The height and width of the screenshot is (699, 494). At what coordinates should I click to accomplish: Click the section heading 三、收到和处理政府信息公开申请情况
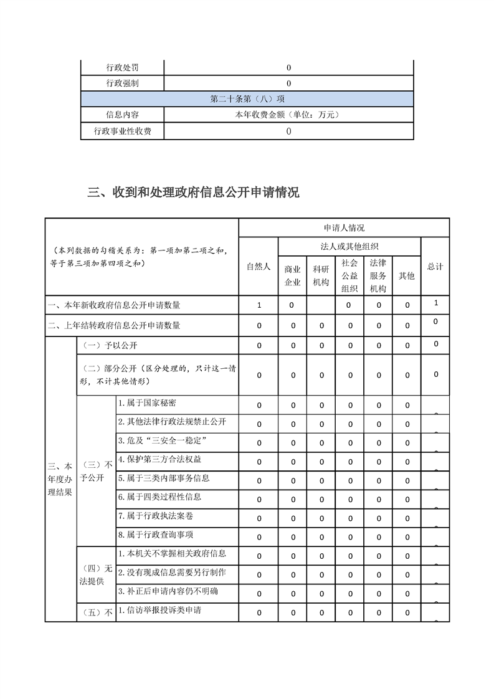pos(193,193)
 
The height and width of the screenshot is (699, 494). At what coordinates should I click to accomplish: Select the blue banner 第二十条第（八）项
pos(247,99)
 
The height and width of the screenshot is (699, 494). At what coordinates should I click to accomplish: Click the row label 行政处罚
pos(122,67)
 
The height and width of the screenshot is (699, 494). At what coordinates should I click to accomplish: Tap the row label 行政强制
pos(122,83)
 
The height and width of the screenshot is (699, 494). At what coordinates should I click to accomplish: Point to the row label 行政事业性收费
pos(122,131)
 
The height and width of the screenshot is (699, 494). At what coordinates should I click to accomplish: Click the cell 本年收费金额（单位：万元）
pos(288,115)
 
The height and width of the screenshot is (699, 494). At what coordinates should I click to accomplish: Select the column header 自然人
pos(259,266)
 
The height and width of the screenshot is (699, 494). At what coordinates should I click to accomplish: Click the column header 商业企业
pos(292,275)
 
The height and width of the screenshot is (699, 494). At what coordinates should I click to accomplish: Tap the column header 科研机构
pos(321,275)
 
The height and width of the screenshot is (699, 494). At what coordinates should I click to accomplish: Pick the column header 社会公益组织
pos(349,275)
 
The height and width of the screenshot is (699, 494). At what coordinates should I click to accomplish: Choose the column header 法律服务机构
pos(378,275)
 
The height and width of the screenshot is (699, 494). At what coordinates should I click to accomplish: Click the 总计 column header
pos(435,266)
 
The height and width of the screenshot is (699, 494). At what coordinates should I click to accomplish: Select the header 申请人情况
pos(344,228)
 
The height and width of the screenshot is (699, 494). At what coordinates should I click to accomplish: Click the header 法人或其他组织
pos(349,247)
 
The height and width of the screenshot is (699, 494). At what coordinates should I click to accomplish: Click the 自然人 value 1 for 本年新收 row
pos(259,305)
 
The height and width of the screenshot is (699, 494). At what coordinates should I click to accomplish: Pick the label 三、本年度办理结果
pos(60,479)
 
